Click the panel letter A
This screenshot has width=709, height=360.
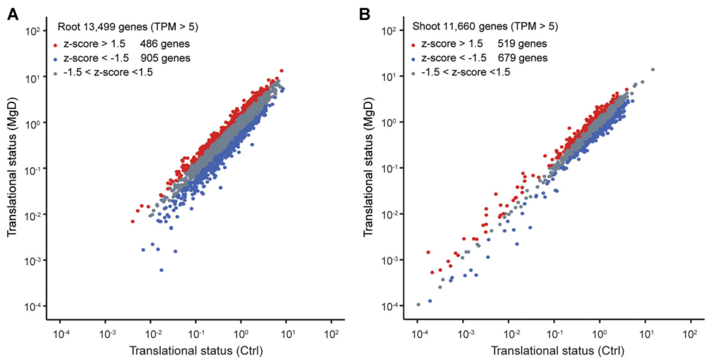pyautogui.click(x=12, y=12)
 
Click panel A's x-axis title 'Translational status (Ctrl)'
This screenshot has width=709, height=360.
pyautogui.click(x=196, y=350)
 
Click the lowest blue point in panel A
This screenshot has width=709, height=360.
pyautogui.click(x=161, y=270)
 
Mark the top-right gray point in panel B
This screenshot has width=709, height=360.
pyautogui.click(x=653, y=70)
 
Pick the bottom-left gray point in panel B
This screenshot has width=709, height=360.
pyautogui.click(x=418, y=304)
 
